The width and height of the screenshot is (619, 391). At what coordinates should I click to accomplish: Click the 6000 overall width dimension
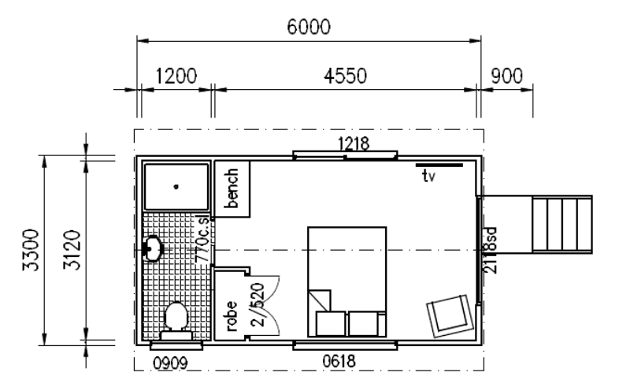(308, 27)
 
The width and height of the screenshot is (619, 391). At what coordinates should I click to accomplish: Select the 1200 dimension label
(176, 76)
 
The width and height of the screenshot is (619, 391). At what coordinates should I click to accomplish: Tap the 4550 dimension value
(345, 76)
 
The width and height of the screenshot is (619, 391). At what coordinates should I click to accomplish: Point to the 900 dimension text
(507, 76)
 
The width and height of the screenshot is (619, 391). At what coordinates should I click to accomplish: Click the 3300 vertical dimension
(31, 250)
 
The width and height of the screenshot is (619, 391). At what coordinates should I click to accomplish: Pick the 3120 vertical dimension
(72, 250)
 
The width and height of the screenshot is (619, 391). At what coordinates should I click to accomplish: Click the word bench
(231, 188)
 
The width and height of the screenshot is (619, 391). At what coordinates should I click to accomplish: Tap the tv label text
(428, 176)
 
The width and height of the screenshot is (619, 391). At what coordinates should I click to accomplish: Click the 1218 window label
(354, 143)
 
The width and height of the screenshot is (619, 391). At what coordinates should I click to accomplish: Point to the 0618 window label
(339, 361)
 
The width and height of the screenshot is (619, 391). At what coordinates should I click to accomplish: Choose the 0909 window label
(170, 363)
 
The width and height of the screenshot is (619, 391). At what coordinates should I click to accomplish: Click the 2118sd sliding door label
(490, 251)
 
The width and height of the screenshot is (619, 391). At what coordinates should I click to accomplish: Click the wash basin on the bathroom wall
(154, 248)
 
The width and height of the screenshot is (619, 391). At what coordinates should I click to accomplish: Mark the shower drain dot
(176, 187)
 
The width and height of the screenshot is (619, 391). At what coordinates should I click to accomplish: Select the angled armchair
(450, 316)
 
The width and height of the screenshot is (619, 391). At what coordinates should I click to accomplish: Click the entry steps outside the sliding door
(562, 225)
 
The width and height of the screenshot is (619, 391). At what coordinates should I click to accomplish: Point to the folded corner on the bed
(320, 300)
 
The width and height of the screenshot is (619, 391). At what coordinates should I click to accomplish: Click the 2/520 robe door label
(258, 304)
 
